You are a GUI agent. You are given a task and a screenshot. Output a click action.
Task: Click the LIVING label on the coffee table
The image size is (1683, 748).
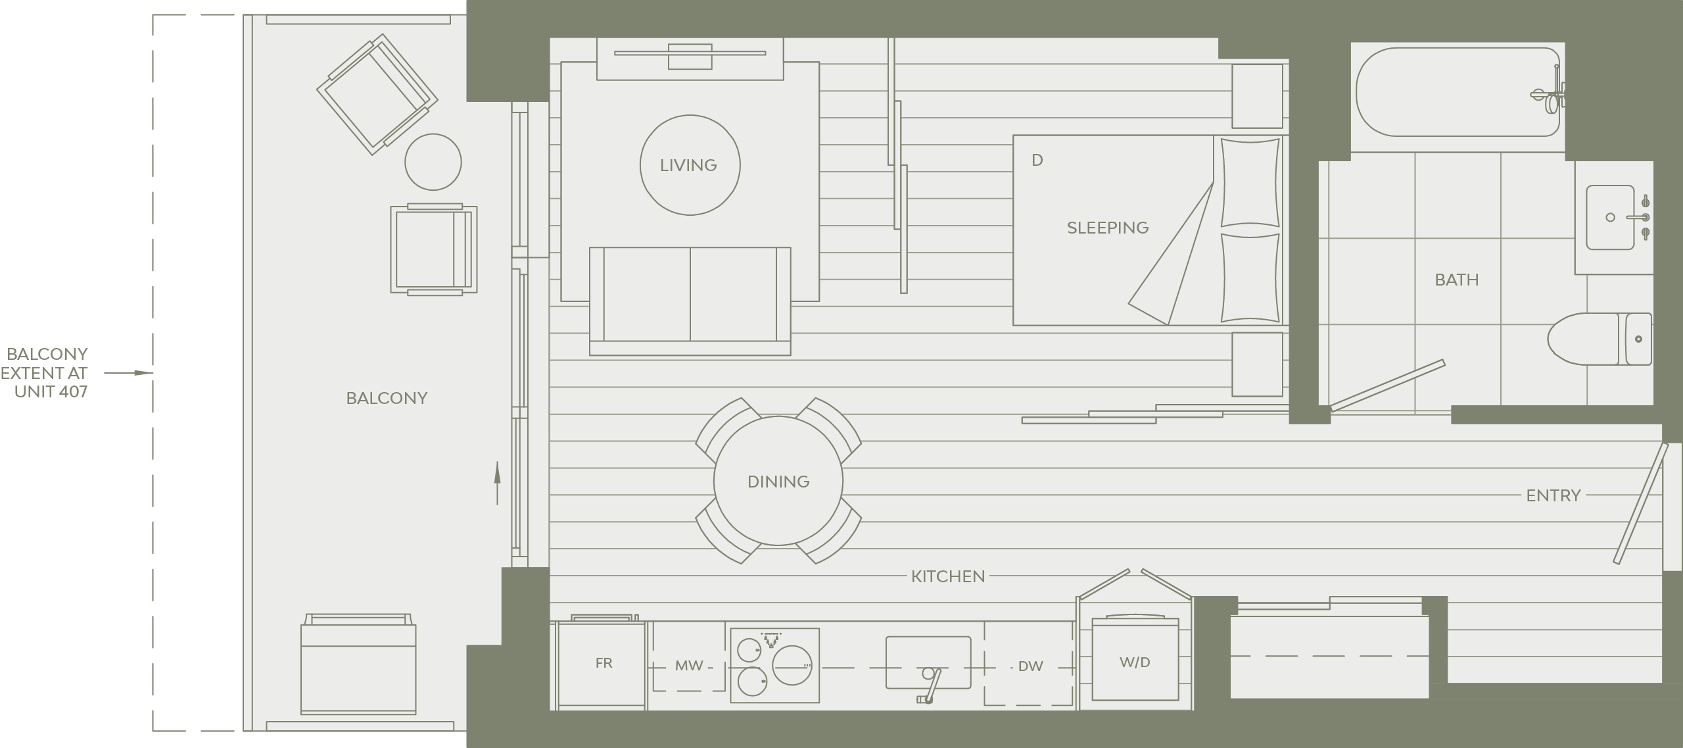tap(688, 165)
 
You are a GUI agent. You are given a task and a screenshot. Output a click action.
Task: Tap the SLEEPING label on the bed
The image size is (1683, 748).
tap(1108, 228)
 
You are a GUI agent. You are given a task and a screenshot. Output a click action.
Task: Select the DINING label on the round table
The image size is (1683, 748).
tap(778, 482)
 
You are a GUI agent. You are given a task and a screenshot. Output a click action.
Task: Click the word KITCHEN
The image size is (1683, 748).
tap(948, 576)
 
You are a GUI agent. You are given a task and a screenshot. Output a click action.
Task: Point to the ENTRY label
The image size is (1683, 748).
tap(1553, 495)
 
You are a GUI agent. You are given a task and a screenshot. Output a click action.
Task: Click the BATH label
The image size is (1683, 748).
tap(1457, 280)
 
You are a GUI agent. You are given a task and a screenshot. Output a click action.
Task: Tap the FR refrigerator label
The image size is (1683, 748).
tap(604, 663)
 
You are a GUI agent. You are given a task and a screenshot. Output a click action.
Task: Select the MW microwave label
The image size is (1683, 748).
tap(689, 666)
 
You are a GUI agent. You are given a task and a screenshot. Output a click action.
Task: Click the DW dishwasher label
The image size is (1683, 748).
tap(1030, 666)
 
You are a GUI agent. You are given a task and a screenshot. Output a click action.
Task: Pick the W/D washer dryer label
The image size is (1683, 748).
tap(1135, 662)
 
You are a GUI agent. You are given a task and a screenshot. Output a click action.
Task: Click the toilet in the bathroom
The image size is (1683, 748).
tap(1599, 339)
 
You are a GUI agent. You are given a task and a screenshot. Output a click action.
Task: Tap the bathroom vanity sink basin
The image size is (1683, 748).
tap(1610, 217)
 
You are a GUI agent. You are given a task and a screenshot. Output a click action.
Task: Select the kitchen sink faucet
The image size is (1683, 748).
tap(930, 686)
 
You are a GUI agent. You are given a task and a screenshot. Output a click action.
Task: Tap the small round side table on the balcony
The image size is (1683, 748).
tap(433, 162)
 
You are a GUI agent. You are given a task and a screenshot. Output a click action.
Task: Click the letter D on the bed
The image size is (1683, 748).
tap(1037, 160)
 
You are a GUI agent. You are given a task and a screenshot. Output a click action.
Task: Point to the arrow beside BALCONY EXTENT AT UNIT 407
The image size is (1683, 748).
tap(129, 373)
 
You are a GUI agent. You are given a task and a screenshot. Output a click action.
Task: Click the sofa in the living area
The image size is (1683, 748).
tap(690, 301)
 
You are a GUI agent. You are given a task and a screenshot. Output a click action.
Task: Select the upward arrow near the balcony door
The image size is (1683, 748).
tap(497, 483)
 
